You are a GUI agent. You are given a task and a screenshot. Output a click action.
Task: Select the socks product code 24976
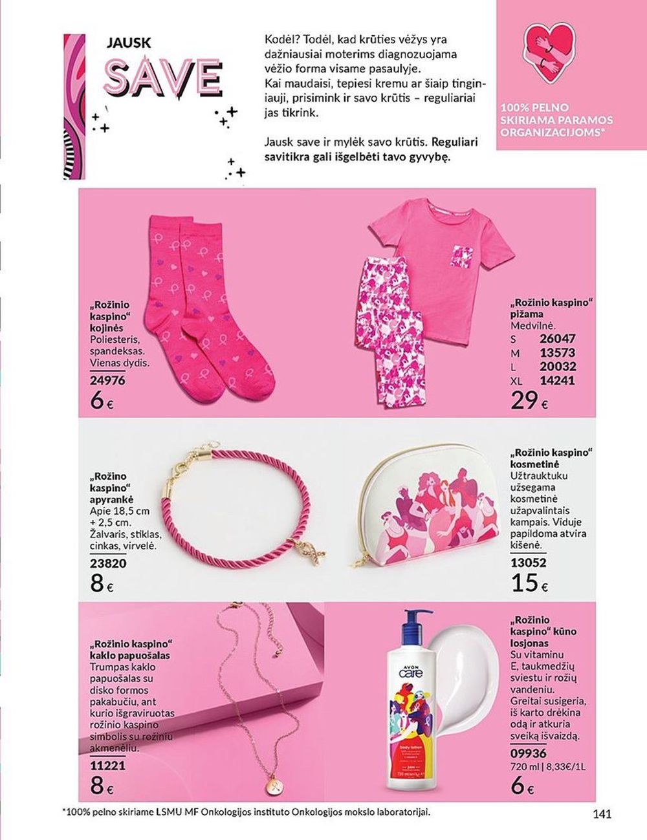107,381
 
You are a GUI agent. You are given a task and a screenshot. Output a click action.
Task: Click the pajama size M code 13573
557,352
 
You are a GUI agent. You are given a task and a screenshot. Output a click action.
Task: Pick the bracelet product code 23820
108,563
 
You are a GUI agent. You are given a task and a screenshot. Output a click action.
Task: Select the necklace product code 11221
107,766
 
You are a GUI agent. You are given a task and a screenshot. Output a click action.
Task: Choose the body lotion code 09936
528,753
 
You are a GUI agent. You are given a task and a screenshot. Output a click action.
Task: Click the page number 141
602,815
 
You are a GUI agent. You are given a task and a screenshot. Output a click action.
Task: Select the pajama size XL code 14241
557,381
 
